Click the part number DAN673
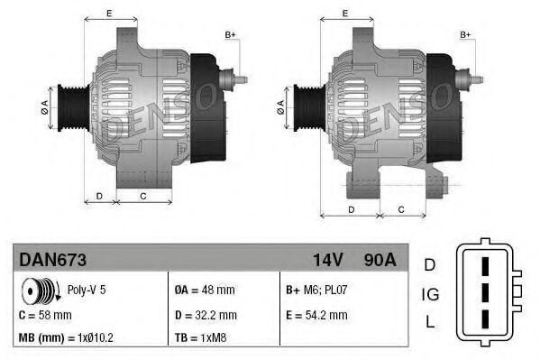click(x=52, y=260)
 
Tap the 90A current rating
click(x=379, y=260)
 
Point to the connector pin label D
click(x=430, y=263)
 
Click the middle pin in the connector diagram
click(x=485, y=293)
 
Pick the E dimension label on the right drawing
click(x=347, y=13)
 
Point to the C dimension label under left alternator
click(x=143, y=195)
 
